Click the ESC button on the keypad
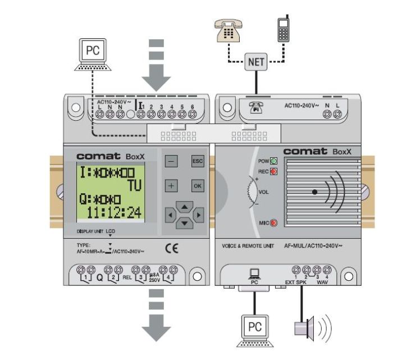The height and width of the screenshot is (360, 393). click(196, 160)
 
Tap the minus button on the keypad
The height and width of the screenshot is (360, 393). click(172, 160)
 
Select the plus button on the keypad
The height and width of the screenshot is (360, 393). click(172, 185)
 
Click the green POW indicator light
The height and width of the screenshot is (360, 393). click(275, 160)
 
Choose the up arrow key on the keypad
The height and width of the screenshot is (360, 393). click(184, 204)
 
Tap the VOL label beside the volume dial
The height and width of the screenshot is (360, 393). click(264, 191)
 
